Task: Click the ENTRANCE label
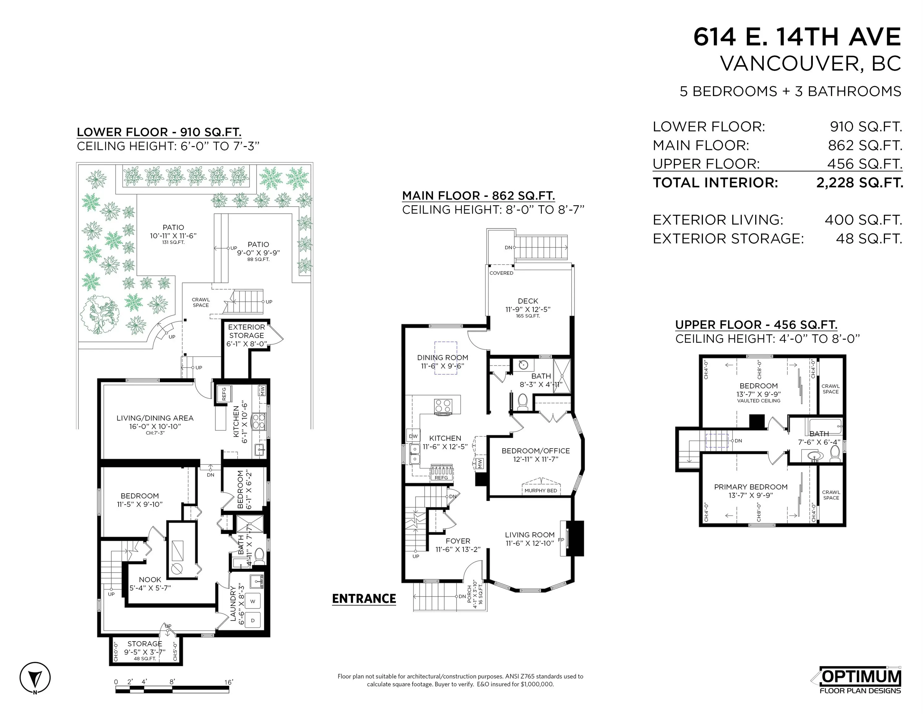(x=364, y=598)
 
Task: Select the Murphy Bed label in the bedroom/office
(x=541, y=491)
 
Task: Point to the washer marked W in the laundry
(x=253, y=601)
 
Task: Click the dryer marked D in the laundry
(x=253, y=620)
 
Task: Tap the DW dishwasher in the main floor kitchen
(x=413, y=436)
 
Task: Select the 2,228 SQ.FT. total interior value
(x=859, y=183)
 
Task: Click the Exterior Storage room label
(x=246, y=335)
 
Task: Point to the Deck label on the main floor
(x=528, y=301)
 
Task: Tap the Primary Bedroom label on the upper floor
(x=751, y=487)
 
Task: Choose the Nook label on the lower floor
(x=150, y=580)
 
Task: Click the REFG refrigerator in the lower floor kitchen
(x=224, y=394)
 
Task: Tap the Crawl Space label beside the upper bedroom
(x=830, y=389)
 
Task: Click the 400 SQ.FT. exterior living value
(x=864, y=220)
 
